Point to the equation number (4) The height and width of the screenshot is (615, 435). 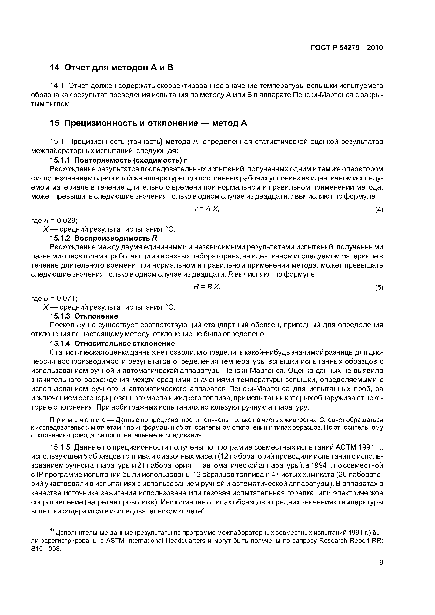(379, 210)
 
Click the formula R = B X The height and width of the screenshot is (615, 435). (207, 287)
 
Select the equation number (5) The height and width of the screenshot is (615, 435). (379, 288)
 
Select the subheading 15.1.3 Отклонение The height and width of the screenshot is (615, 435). (84, 316)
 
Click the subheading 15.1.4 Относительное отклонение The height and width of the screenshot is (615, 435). (112, 343)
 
